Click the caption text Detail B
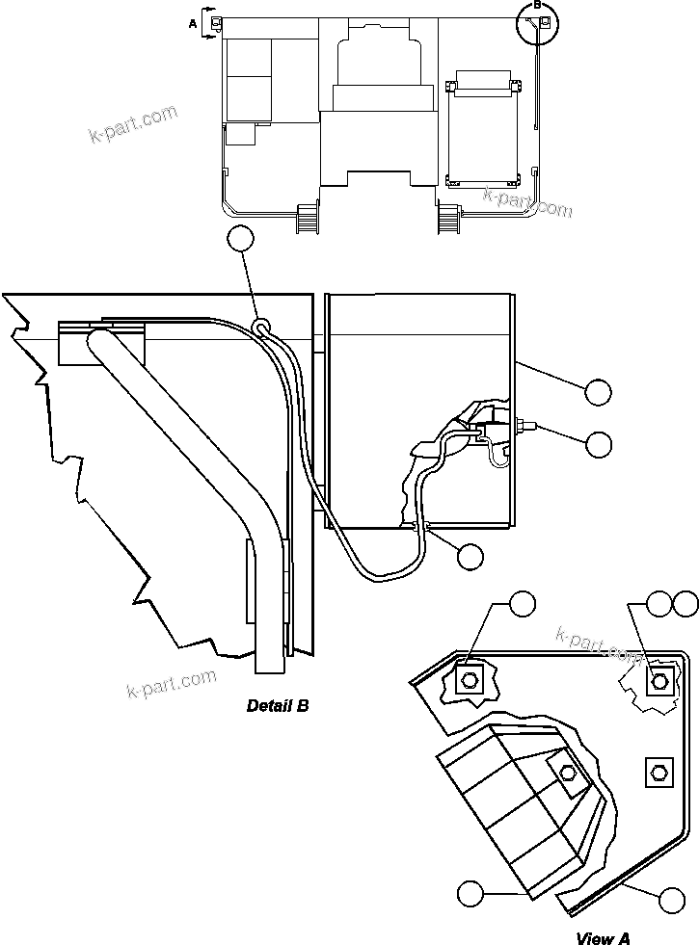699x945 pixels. click(x=278, y=706)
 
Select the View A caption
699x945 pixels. click(x=604, y=937)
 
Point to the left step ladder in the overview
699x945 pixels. click(x=308, y=218)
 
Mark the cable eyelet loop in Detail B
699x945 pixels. click(x=261, y=328)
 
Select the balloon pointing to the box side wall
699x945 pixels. click(x=598, y=391)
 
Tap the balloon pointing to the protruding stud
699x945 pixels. click(x=598, y=443)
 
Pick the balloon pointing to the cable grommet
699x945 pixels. click(x=470, y=556)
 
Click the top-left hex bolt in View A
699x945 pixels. click(x=470, y=679)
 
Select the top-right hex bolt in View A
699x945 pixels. click(x=659, y=681)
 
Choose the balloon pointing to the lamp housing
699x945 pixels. click(x=470, y=893)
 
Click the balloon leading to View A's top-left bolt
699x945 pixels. click(x=521, y=604)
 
